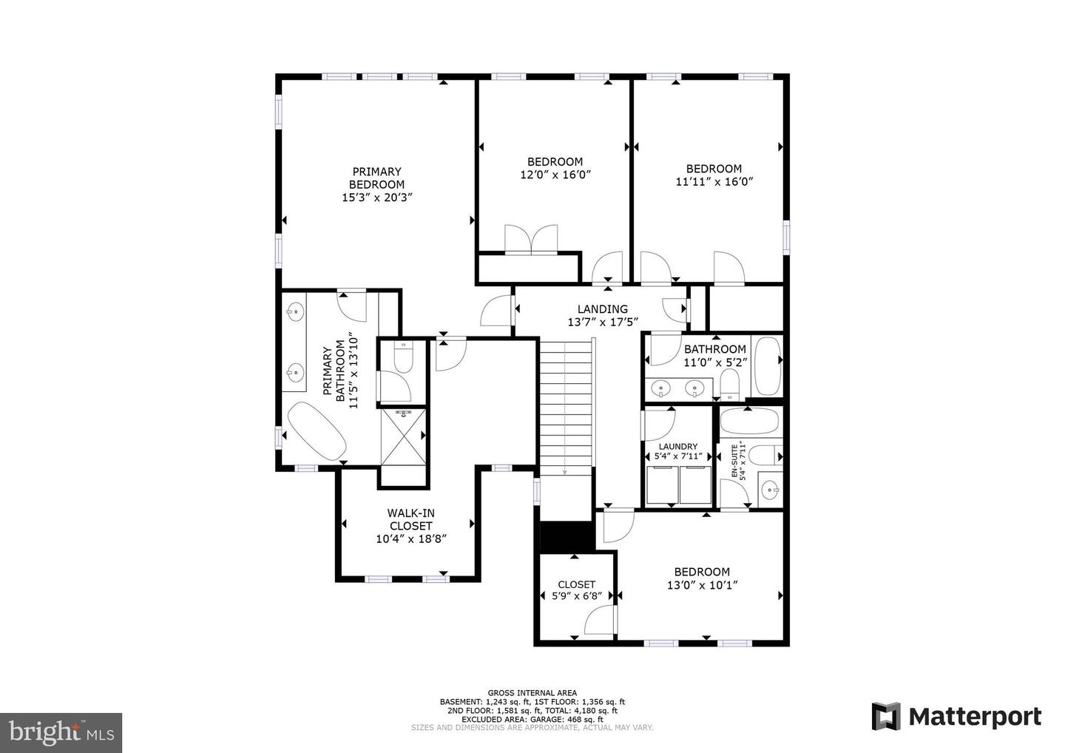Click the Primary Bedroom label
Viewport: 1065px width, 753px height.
(x=376, y=178)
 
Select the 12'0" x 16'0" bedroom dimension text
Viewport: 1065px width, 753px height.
(x=555, y=175)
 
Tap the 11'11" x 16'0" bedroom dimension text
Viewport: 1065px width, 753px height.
(x=714, y=181)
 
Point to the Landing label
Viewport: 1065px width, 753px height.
(x=602, y=309)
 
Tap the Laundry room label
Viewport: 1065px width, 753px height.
(x=677, y=446)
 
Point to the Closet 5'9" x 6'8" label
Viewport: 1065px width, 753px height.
(x=576, y=584)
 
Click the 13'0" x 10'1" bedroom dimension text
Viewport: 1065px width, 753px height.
(x=702, y=584)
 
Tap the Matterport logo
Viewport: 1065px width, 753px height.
(x=956, y=717)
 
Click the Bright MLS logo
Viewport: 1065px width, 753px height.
(x=61, y=732)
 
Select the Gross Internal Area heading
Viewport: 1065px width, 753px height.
(x=532, y=693)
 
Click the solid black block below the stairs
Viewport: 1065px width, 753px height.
(x=567, y=536)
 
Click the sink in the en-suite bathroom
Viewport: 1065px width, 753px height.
(x=771, y=489)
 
